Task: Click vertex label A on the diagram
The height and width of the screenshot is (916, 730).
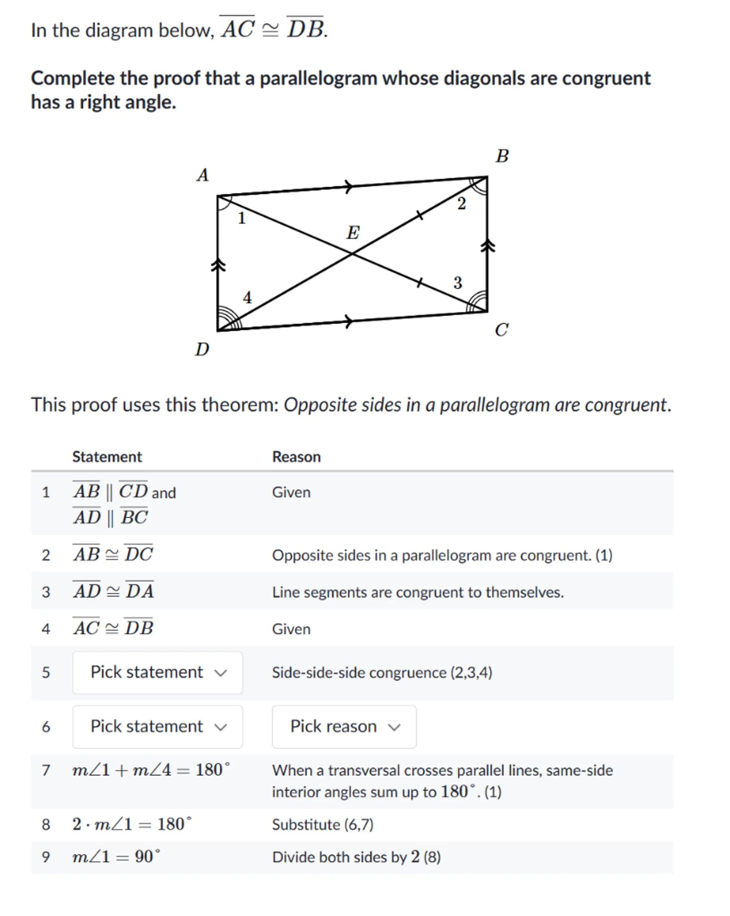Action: click(203, 175)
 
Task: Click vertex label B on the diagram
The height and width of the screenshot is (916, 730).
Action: click(502, 156)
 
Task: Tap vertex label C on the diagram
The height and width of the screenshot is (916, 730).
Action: click(501, 330)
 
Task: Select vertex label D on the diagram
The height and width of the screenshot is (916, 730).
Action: click(202, 349)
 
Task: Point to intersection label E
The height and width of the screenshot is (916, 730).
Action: click(353, 233)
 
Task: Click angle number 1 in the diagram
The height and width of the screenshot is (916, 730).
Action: click(241, 218)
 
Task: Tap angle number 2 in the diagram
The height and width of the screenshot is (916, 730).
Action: click(462, 204)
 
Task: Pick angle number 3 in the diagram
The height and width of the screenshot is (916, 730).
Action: click(457, 283)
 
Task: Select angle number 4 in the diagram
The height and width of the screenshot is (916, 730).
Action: click(247, 297)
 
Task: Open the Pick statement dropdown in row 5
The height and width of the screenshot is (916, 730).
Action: click(157, 672)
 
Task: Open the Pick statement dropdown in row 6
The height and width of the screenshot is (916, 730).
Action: click(157, 726)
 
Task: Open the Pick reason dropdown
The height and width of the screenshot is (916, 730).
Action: click(344, 726)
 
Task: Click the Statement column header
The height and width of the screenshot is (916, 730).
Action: click(107, 457)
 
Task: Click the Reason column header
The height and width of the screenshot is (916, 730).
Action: click(296, 457)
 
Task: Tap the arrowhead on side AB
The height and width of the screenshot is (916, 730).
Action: click(348, 186)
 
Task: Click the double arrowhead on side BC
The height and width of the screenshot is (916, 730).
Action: click(488, 246)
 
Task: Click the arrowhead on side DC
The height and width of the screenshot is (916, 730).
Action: click(348, 321)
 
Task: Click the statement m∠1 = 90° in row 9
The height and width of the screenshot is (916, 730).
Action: click(116, 856)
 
